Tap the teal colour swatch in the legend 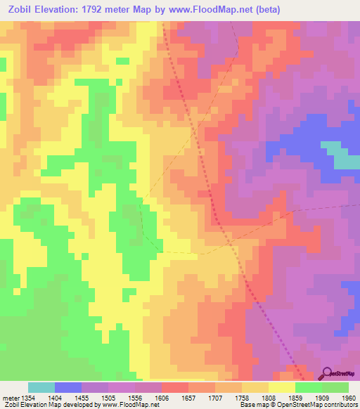click(41, 387)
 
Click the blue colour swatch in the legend click(67, 387)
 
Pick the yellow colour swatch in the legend click(281, 387)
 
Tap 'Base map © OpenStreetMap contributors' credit click(298, 405)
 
